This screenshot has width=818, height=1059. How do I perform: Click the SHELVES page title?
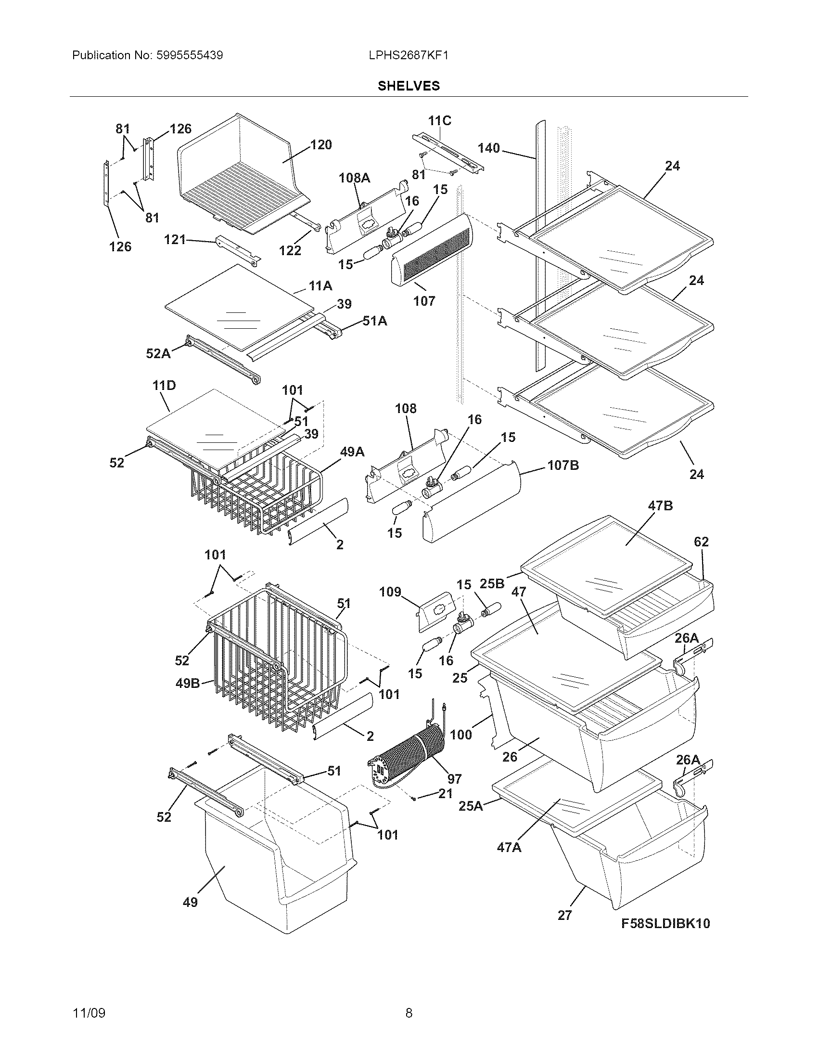tap(409, 86)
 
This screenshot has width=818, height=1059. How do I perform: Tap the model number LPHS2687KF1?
tap(408, 55)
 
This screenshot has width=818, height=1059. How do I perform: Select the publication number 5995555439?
tap(189, 55)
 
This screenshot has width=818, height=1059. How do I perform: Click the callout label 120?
tap(321, 144)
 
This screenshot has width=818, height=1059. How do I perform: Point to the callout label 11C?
tap(439, 121)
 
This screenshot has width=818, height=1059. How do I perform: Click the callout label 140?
tap(488, 148)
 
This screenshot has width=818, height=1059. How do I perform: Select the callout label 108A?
tap(354, 178)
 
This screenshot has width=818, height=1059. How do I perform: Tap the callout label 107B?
tap(563, 465)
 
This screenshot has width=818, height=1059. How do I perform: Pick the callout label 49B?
tap(188, 684)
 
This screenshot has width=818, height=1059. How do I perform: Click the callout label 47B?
tap(660, 506)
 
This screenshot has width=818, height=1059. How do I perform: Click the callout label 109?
tap(390, 592)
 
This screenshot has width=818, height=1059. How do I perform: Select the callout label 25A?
tap(471, 806)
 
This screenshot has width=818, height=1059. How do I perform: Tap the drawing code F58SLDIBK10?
tap(666, 923)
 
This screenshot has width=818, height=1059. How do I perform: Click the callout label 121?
tap(175, 239)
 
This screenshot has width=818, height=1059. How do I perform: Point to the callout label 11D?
tap(164, 386)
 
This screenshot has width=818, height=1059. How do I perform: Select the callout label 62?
tap(701, 542)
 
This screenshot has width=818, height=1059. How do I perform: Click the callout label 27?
tap(564, 915)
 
